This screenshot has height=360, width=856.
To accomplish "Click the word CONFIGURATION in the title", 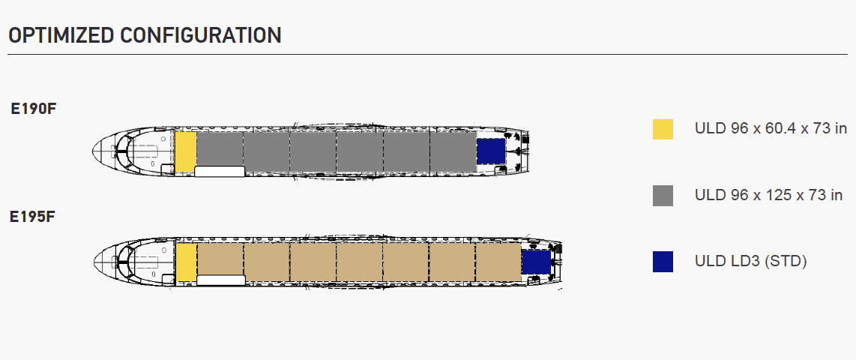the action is tap(201, 35).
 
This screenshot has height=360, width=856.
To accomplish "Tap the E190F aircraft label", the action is tap(33, 109).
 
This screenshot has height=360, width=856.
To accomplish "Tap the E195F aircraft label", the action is tap(33, 217).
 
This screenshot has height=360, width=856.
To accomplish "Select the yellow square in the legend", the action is tap(663, 130).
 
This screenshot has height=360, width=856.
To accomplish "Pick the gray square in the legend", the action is tap(663, 196).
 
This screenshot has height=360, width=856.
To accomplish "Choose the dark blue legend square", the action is tap(663, 262).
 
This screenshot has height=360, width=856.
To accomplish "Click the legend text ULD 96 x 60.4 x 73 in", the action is tap(771, 129).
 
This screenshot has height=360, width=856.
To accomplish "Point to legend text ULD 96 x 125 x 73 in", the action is tap(768, 195).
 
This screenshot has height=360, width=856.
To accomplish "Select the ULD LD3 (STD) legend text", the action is tap(750, 261).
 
